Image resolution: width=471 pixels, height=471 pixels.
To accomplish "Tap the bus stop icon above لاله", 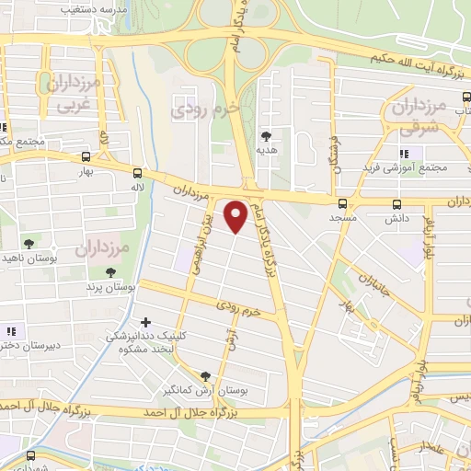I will click(x=138, y=172).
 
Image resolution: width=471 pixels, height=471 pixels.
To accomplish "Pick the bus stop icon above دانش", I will click(x=396, y=204).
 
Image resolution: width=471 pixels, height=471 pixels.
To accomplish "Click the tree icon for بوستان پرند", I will click(x=110, y=272).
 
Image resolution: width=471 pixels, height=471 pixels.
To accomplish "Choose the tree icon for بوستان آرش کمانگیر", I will click(x=205, y=376).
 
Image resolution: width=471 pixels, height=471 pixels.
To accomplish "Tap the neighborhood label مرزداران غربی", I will click(x=70, y=93).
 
